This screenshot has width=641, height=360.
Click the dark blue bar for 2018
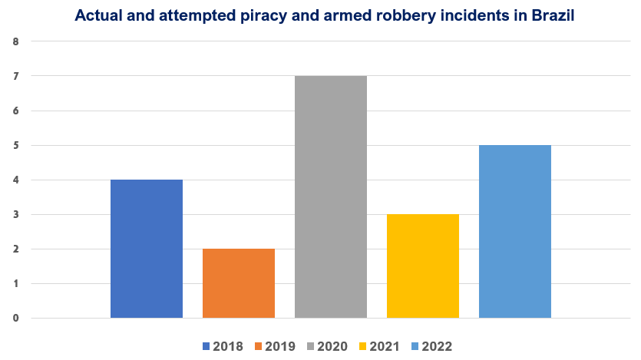pos(147,249)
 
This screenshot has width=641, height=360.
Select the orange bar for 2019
pos(239,283)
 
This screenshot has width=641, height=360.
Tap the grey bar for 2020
pos(331,197)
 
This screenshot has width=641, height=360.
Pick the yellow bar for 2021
pos(423,266)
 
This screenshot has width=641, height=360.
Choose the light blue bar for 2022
pos(515,231)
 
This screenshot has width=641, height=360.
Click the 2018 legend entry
pos(223,346)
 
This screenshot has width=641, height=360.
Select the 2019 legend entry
pos(275,346)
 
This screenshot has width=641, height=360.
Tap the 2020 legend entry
pos(327,346)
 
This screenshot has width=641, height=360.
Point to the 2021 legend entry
pos(379,346)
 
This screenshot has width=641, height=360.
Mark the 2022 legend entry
pos(431,346)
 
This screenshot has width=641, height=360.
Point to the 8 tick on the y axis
pos(16,41)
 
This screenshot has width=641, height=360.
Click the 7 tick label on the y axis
pos(16,76)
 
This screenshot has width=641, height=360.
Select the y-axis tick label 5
pos(16,145)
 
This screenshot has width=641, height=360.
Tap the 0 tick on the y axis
pos(16,318)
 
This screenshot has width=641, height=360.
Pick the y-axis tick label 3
pos(16,214)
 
